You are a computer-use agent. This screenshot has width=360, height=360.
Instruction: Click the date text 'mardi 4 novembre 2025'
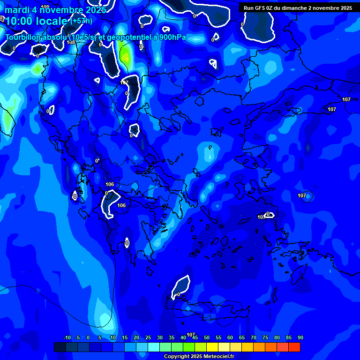coord(55,10)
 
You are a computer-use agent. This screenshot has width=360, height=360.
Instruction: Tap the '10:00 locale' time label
coord(37,21)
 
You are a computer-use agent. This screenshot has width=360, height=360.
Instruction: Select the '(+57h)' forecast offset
coord(81,21)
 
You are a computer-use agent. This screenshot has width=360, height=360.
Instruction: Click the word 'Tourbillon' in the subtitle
coord(24,37)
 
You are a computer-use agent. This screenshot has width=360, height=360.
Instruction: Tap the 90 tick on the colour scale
coord(300,338)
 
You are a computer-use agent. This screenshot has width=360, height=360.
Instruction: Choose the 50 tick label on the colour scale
coord(206,338)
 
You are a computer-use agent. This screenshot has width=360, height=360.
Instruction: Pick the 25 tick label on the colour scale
coord(148,338)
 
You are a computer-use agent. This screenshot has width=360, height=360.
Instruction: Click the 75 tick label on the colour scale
coord(265,338)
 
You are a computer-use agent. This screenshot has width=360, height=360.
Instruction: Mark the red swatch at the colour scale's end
coord(294,347)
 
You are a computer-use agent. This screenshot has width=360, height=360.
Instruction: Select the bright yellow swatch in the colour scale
coord(212,347)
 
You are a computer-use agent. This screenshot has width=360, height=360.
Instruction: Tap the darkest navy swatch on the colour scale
coord(60,347)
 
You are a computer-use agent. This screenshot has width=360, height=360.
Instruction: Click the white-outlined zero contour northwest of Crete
coord(180,287)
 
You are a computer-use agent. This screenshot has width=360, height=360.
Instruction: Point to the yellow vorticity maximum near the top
coord(125,56)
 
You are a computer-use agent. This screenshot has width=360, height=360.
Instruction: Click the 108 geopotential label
coord(71,42)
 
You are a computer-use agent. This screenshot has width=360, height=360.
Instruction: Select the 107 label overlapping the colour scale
coord(191,335)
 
